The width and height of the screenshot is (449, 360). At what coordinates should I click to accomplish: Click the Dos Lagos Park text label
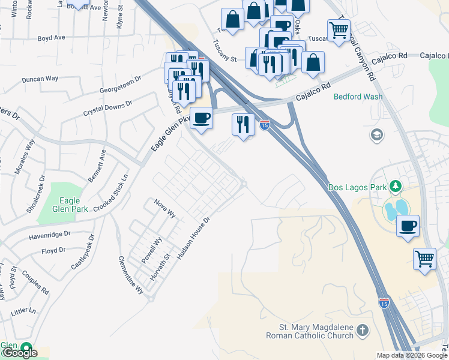click(357, 187)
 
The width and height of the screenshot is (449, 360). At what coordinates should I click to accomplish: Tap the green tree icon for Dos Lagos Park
click(395, 187)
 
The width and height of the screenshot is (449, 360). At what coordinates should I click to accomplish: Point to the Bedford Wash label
click(358, 96)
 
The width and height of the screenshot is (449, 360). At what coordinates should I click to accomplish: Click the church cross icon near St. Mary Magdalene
click(363, 330)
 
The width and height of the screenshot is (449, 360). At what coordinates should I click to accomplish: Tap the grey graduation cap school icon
click(377, 134)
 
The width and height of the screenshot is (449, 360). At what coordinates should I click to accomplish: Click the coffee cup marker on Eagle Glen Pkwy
click(201, 117)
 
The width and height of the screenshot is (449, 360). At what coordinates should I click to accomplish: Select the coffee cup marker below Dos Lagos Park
click(408, 226)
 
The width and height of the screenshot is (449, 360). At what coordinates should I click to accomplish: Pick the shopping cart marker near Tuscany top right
click(339, 29)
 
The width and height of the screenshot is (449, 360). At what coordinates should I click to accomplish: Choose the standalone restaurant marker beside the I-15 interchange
click(243, 124)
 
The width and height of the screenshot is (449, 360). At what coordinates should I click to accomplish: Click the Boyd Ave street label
click(51, 37)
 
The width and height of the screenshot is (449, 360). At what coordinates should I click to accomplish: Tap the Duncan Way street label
click(40, 79)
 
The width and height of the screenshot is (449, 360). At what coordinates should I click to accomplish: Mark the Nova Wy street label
click(164, 208)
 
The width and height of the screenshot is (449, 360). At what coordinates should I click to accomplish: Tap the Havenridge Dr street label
click(49, 235)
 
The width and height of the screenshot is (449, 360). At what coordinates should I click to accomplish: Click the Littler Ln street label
click(23, 311)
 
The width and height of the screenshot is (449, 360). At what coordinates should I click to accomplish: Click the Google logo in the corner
click(19, 353)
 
